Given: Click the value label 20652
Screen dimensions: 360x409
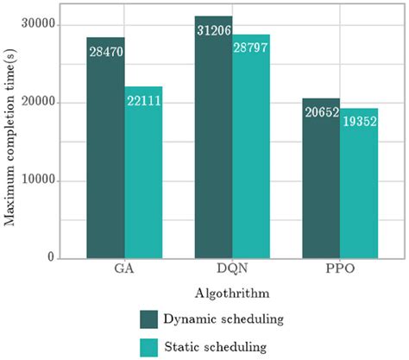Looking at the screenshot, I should coord(321,114).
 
